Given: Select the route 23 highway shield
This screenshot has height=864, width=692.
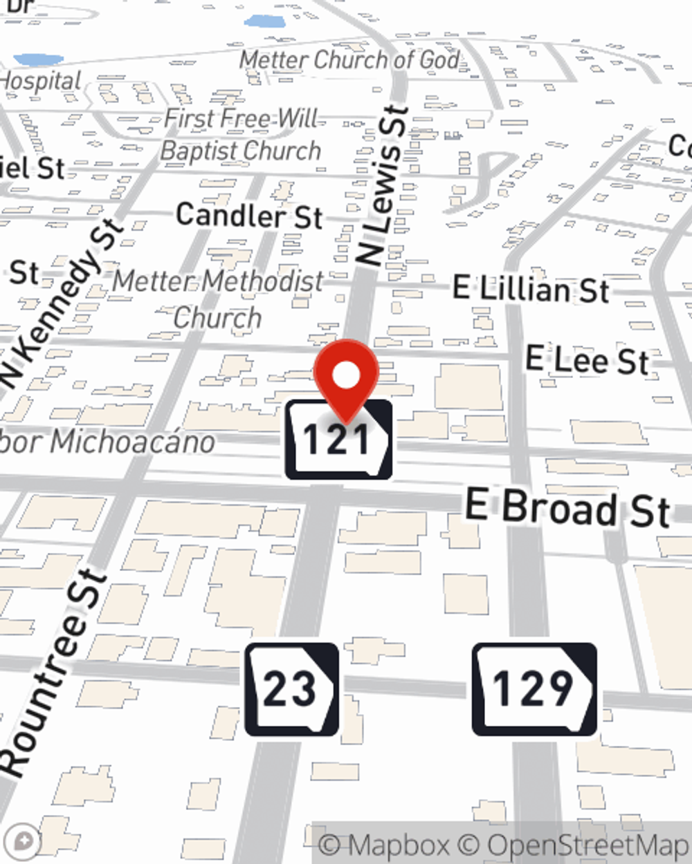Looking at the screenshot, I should coord(292,689).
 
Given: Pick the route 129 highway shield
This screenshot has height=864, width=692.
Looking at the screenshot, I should coord(534,689).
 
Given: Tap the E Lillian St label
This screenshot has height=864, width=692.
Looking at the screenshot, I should coord(531,289).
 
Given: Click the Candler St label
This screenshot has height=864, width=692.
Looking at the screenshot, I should coord(249,216).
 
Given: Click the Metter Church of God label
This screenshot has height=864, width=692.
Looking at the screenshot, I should coord(349,61).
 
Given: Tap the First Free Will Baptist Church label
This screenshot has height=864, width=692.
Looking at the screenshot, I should coord(241,135).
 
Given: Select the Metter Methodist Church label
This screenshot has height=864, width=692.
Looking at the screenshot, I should coord(218,299).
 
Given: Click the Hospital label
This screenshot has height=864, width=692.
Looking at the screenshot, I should coord(40,82).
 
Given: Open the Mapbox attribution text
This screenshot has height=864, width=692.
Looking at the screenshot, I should coord(385,845).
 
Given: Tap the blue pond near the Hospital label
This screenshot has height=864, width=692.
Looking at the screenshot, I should coord(39,59).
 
